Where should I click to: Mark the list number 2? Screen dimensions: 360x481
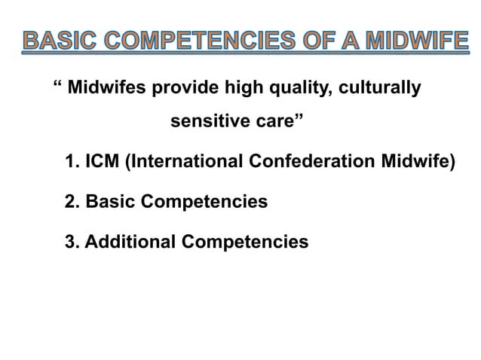[x=72, y=202]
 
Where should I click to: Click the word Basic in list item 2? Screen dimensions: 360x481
[x=112, y=202]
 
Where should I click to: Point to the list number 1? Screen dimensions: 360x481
[x=72, y=162]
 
